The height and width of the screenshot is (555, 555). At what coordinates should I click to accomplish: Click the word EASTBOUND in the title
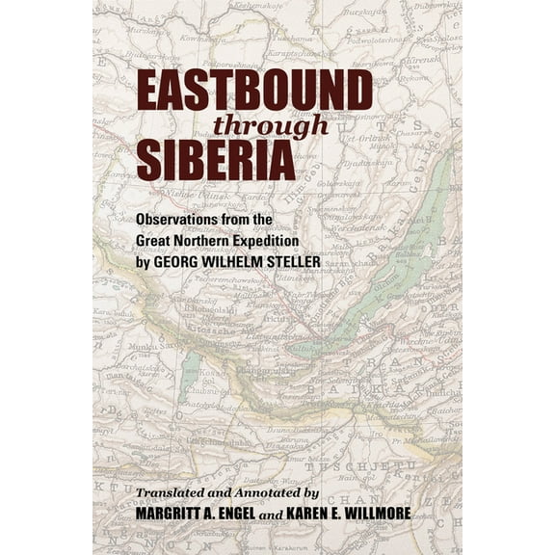[253, 92]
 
